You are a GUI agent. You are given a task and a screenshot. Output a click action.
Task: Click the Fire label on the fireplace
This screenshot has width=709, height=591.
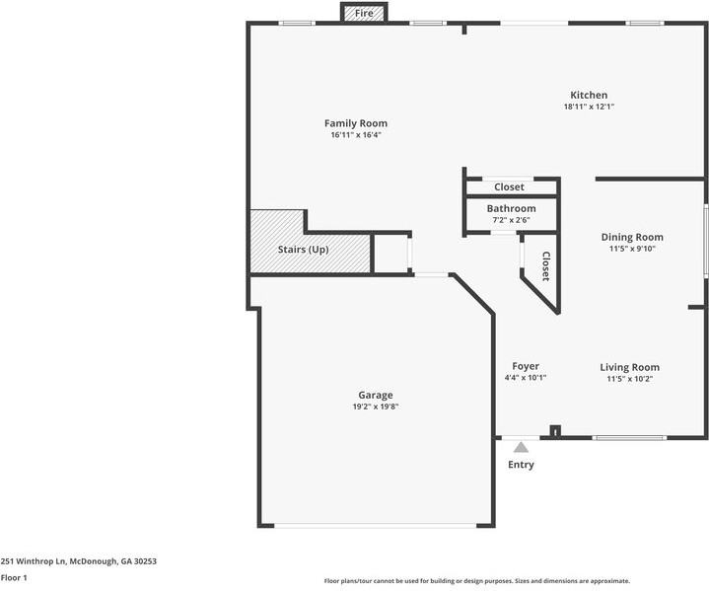coord(364,14)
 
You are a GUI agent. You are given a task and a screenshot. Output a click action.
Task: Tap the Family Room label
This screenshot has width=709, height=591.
coord(355,123)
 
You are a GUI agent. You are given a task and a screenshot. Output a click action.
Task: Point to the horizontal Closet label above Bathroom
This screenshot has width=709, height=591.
coord(509,186)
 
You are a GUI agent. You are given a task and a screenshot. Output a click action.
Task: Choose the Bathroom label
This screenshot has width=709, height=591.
coord(511,208)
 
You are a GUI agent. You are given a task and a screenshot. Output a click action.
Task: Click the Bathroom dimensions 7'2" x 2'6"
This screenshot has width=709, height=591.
coord(511,219)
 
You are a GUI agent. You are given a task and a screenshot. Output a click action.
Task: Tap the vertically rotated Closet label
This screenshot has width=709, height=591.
coord(544,265)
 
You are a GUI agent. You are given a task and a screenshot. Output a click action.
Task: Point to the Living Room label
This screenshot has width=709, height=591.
coord(629,367)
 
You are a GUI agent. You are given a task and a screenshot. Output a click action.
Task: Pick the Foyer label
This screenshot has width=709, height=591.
coord(525,366)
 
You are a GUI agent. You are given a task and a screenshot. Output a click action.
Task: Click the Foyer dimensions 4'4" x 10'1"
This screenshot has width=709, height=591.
coord(525,378)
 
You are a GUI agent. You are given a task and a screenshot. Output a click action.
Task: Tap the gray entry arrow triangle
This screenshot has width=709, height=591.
coord(521,447)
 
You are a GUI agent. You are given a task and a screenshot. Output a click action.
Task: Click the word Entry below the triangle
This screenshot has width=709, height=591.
coord(521,465)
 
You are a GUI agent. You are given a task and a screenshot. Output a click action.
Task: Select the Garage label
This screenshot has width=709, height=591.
coord(375,395)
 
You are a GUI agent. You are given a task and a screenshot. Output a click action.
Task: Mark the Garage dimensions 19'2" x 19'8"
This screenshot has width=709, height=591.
coord(375,406)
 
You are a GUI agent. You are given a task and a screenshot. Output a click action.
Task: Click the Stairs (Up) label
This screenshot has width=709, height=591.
coord(305,250)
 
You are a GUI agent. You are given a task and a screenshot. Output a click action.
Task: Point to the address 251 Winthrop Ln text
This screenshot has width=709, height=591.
coord(78,560)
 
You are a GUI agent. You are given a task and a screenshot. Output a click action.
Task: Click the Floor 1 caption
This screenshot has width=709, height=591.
coord(14,577)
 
